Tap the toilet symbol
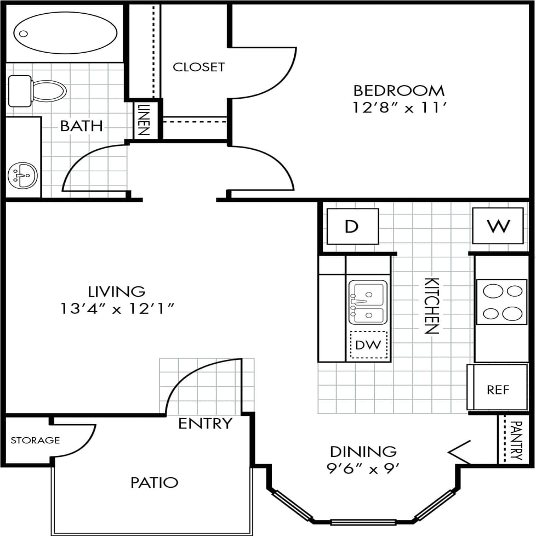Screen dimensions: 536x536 38,91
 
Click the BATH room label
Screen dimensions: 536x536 81,126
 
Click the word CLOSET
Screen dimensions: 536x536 198,67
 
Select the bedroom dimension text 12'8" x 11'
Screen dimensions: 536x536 398,107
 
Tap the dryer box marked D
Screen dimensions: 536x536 352,226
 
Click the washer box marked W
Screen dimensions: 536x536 498,225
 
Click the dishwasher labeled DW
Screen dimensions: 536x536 368,345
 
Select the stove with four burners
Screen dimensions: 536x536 502,302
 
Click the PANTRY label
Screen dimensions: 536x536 516,440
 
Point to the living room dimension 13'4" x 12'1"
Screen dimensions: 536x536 117,308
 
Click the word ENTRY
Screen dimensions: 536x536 206,424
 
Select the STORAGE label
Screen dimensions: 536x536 35,440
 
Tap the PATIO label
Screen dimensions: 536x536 154,482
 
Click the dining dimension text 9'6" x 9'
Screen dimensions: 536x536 363,469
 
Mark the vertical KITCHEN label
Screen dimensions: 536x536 432,306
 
